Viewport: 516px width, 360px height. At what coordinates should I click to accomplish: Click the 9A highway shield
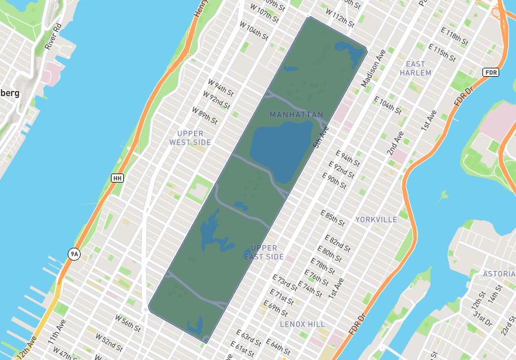click(74, 254)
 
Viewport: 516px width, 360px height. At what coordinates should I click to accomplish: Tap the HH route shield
click(117, 178)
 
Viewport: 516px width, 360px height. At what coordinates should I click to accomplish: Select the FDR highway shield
click(491, 72)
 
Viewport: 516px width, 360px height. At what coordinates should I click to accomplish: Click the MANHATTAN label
click(297, 115)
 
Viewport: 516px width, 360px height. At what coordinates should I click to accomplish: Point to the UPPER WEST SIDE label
click(190, 138)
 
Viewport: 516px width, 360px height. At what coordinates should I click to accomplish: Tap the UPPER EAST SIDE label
click(264, 252)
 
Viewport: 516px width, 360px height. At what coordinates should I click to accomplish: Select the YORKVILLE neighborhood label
click(376, 219)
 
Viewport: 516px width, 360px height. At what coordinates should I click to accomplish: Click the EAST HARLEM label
click(415, 68)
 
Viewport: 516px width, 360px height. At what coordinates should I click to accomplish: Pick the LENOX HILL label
click(303, 323)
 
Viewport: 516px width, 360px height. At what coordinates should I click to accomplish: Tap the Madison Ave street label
click(373, 68)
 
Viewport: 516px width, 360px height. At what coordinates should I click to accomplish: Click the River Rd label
click(53, 37)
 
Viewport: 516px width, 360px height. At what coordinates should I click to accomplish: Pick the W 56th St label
click(128, 321)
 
